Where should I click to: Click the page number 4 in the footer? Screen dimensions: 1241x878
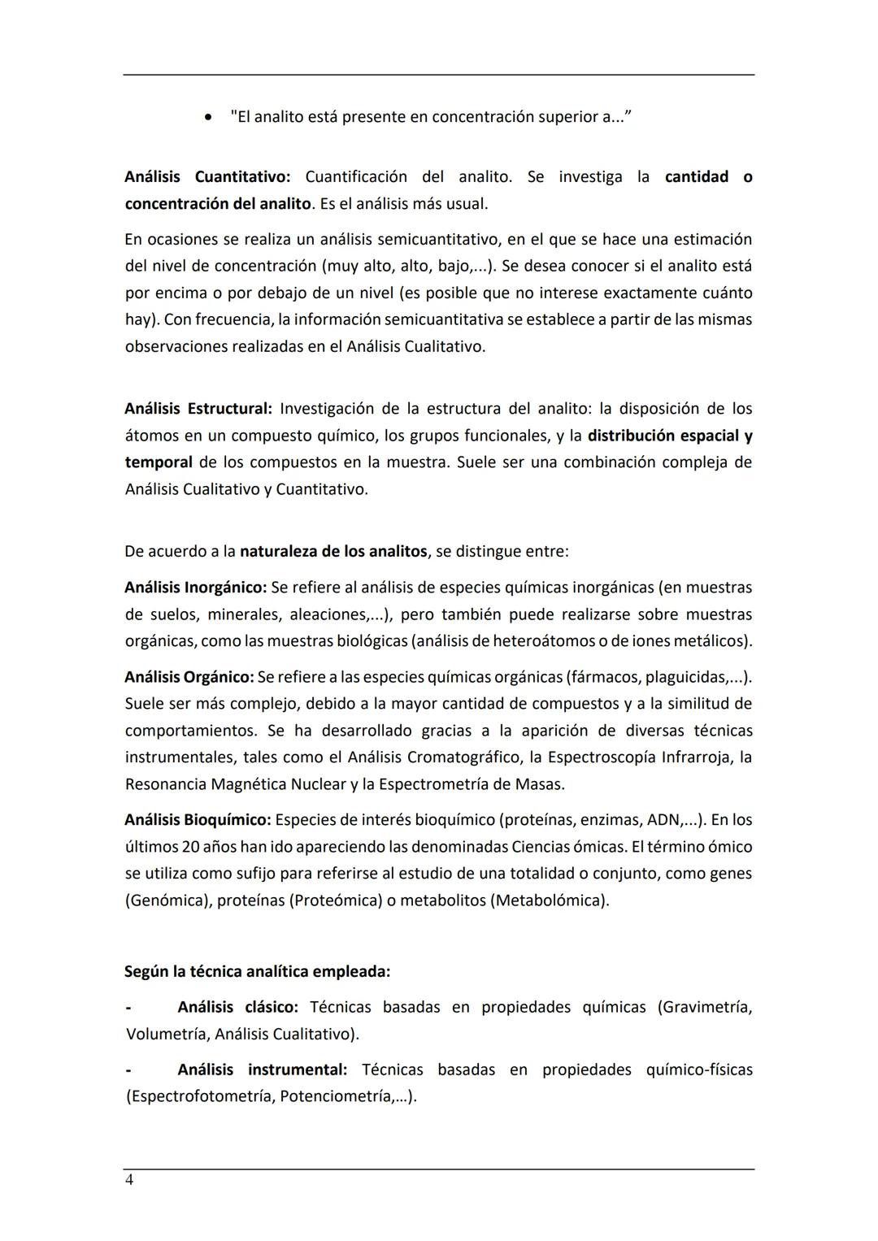pos(129,1180)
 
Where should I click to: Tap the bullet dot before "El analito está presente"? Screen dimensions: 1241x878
pos(210,118)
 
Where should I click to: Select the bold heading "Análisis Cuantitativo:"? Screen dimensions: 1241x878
pos(207,176)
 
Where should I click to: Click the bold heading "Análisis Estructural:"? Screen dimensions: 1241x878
pos(198,408)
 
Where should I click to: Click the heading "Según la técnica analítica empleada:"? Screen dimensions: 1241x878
pos(257,971)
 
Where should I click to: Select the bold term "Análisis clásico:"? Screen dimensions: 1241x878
pos(237,1007)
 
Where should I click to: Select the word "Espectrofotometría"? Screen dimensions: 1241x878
pos(201,1096)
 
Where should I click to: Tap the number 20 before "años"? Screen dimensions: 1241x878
pos(191,846)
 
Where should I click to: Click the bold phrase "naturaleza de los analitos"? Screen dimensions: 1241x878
pos(333,551)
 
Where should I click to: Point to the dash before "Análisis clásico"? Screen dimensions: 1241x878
pos(128,1008)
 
